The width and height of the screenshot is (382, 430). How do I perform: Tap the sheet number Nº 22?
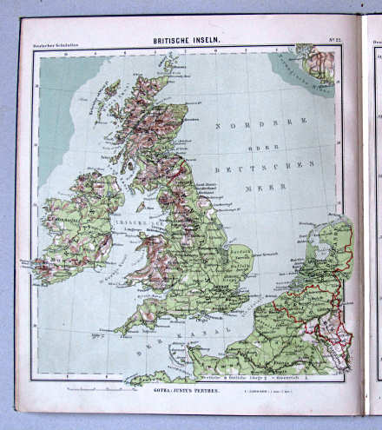coord(333,42)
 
